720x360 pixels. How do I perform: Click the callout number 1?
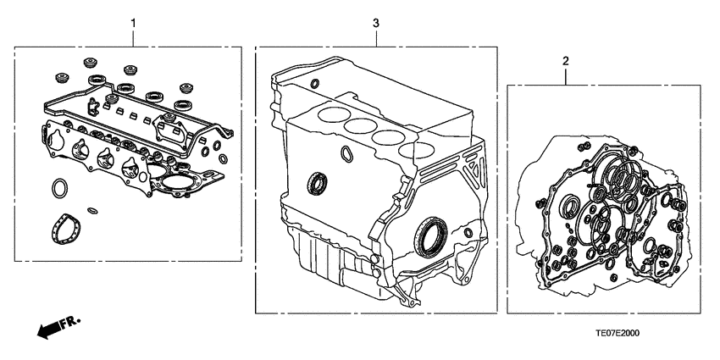[132, 19]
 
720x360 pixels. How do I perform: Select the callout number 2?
[565, 60]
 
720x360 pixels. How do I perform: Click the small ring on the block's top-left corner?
[314, 83]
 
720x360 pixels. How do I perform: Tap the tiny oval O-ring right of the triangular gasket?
[92, 211]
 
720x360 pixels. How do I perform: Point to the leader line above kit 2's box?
[565, 75]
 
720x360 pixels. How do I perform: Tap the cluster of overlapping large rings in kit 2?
[623, 178]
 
